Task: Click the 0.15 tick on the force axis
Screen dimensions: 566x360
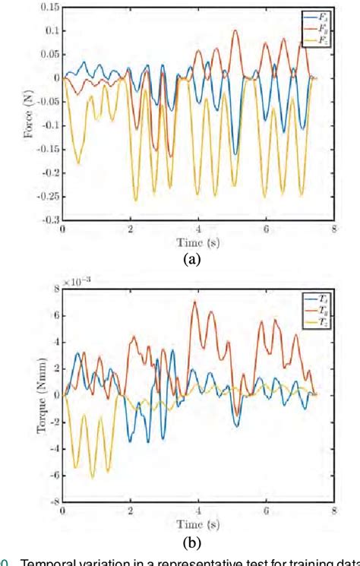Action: (48, 7)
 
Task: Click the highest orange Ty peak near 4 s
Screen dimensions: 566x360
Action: (194, 302)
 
